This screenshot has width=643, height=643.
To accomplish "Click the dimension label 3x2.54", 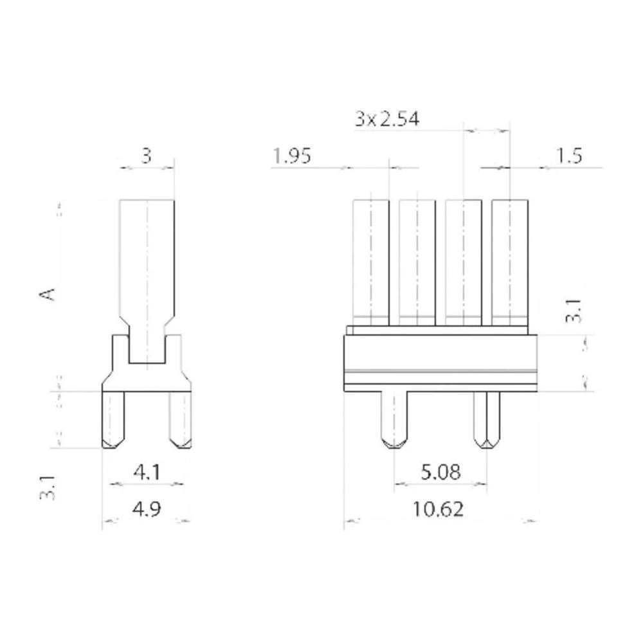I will pos(386,120).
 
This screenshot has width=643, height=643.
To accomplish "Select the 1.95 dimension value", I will pos(292,156).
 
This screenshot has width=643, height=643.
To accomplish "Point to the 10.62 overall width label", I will pos(438,510).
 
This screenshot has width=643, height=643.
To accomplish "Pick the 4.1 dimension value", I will pos(147,473).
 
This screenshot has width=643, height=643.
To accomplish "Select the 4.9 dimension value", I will pos(147,509).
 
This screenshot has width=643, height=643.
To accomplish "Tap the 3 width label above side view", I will pos(147,156).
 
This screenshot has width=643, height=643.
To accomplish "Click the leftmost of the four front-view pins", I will pos(371,260).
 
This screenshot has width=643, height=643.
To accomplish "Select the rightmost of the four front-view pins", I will pos(510,260).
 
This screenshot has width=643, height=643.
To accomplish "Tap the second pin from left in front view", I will pos(417,260).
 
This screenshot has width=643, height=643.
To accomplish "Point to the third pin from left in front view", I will pos(464,260).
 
